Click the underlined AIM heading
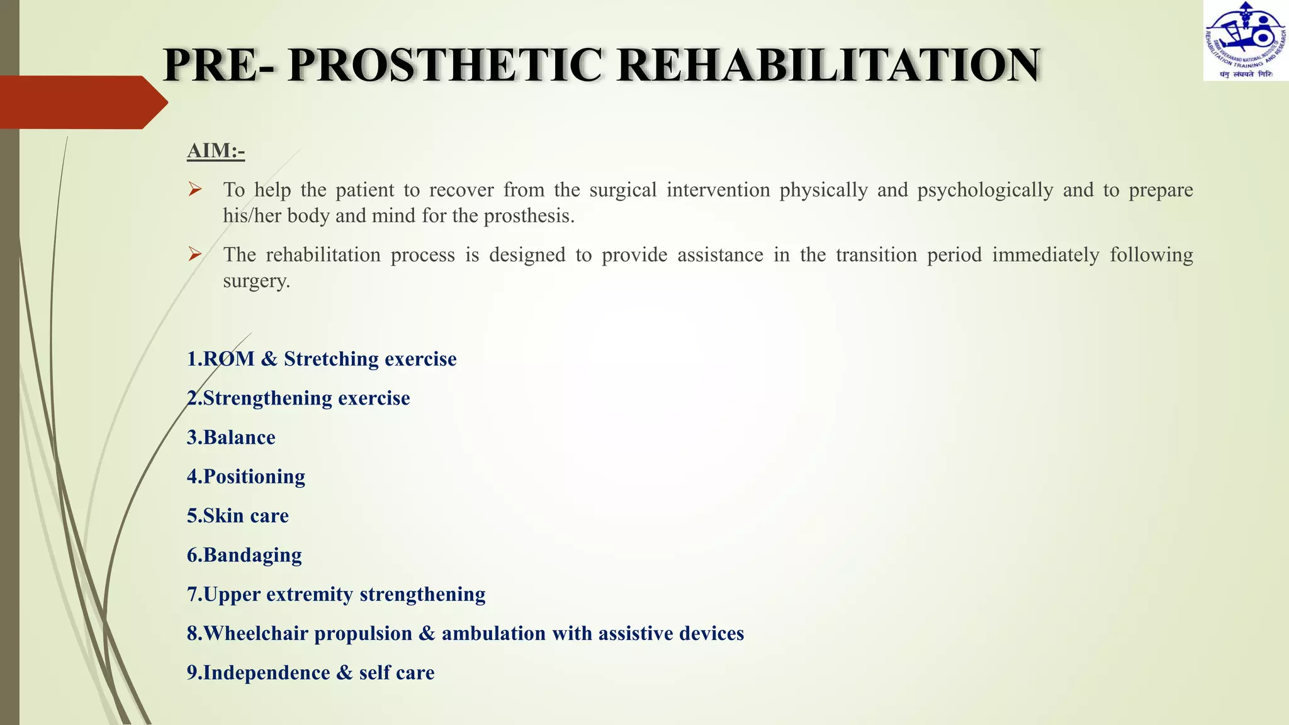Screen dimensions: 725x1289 coord(215,151)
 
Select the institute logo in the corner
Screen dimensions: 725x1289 coord(1246,41)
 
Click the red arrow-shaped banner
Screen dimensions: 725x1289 coord(82,102)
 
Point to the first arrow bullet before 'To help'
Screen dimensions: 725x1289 coord(195,189)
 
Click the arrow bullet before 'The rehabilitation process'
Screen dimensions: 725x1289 coord(195,254)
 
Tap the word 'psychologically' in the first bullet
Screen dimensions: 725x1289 coord(985,190)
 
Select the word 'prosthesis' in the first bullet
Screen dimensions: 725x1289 coord(529,216)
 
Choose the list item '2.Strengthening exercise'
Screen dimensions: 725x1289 coord(298,398)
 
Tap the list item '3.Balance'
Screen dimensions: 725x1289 coord(231,437)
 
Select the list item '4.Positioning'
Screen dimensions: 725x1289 coord(246,476)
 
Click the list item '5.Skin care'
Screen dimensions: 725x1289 coord(238,516)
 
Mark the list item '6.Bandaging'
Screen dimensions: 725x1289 coord(244,555)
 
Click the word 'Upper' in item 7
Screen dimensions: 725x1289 coord(232,595)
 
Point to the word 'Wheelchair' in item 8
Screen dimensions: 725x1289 coord(256,634)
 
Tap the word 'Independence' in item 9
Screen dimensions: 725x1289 coord(266,673)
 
